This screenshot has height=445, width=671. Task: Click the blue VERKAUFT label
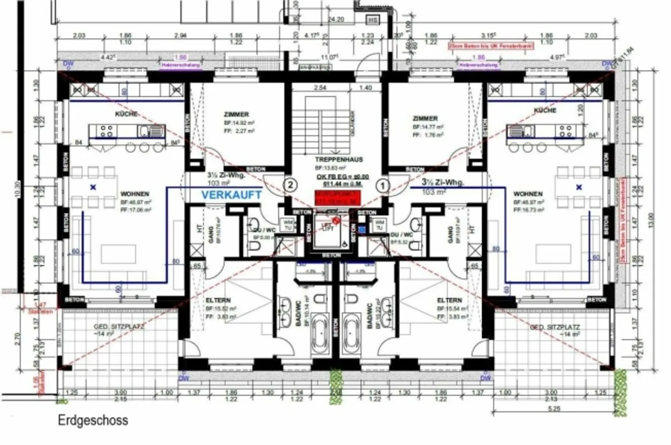232,195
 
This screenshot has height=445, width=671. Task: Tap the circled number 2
290,185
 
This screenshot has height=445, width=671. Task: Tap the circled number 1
383,186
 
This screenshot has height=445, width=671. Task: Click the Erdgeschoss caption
93,420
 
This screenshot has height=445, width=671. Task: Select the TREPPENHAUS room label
339,159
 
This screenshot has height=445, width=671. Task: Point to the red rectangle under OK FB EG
337,197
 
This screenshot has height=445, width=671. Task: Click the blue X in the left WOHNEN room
93,187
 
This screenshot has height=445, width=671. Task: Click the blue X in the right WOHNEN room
579,187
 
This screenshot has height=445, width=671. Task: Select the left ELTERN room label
218,300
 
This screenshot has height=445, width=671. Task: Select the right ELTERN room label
449,300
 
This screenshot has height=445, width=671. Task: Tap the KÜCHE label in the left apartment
126,114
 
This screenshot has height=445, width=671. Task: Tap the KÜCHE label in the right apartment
545,110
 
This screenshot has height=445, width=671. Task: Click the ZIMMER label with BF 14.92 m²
236,114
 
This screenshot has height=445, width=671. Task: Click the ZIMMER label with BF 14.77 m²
425,118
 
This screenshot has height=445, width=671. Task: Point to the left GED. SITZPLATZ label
119,327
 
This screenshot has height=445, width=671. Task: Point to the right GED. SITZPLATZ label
555,327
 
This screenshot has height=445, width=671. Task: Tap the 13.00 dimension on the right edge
651,219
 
